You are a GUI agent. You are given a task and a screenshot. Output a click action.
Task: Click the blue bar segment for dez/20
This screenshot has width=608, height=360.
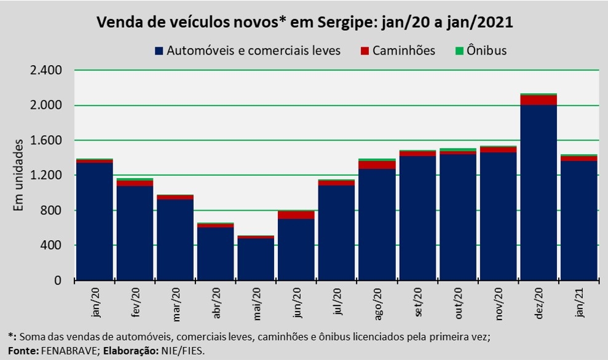tap(538, 193)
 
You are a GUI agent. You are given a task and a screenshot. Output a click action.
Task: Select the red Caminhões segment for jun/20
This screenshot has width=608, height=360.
tap(296, 215)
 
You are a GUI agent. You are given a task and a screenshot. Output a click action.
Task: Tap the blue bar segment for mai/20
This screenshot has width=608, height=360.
tap(256, 259)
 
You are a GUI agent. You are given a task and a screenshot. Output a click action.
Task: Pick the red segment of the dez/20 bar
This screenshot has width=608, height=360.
tap(538, 100)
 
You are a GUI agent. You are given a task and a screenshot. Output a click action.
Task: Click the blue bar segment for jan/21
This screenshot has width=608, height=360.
tap(579, 221)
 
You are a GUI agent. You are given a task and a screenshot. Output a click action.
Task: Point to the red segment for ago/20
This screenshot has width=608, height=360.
tap(377, 165)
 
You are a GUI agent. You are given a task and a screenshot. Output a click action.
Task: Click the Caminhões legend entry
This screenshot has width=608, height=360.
tap(398, 51)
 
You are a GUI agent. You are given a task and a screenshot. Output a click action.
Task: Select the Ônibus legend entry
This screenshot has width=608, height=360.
tap(481, 51)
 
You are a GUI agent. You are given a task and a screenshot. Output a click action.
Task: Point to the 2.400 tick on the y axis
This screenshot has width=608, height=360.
tap(45, 70)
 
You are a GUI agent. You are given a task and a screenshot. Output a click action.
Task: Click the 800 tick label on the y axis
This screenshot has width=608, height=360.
tap(51, 210)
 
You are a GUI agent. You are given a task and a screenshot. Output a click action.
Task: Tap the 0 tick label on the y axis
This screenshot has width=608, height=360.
tap(58, 280)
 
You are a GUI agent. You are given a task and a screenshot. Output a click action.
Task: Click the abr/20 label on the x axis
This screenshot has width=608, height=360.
tap(216, 303)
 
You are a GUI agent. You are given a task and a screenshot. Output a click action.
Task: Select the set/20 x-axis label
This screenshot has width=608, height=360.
tap(417, 302)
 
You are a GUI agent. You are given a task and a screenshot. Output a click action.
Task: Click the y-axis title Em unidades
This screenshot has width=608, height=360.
tap(18, 175)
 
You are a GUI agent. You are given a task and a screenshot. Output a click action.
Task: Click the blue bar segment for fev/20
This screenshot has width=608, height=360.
tap(135, 233)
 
